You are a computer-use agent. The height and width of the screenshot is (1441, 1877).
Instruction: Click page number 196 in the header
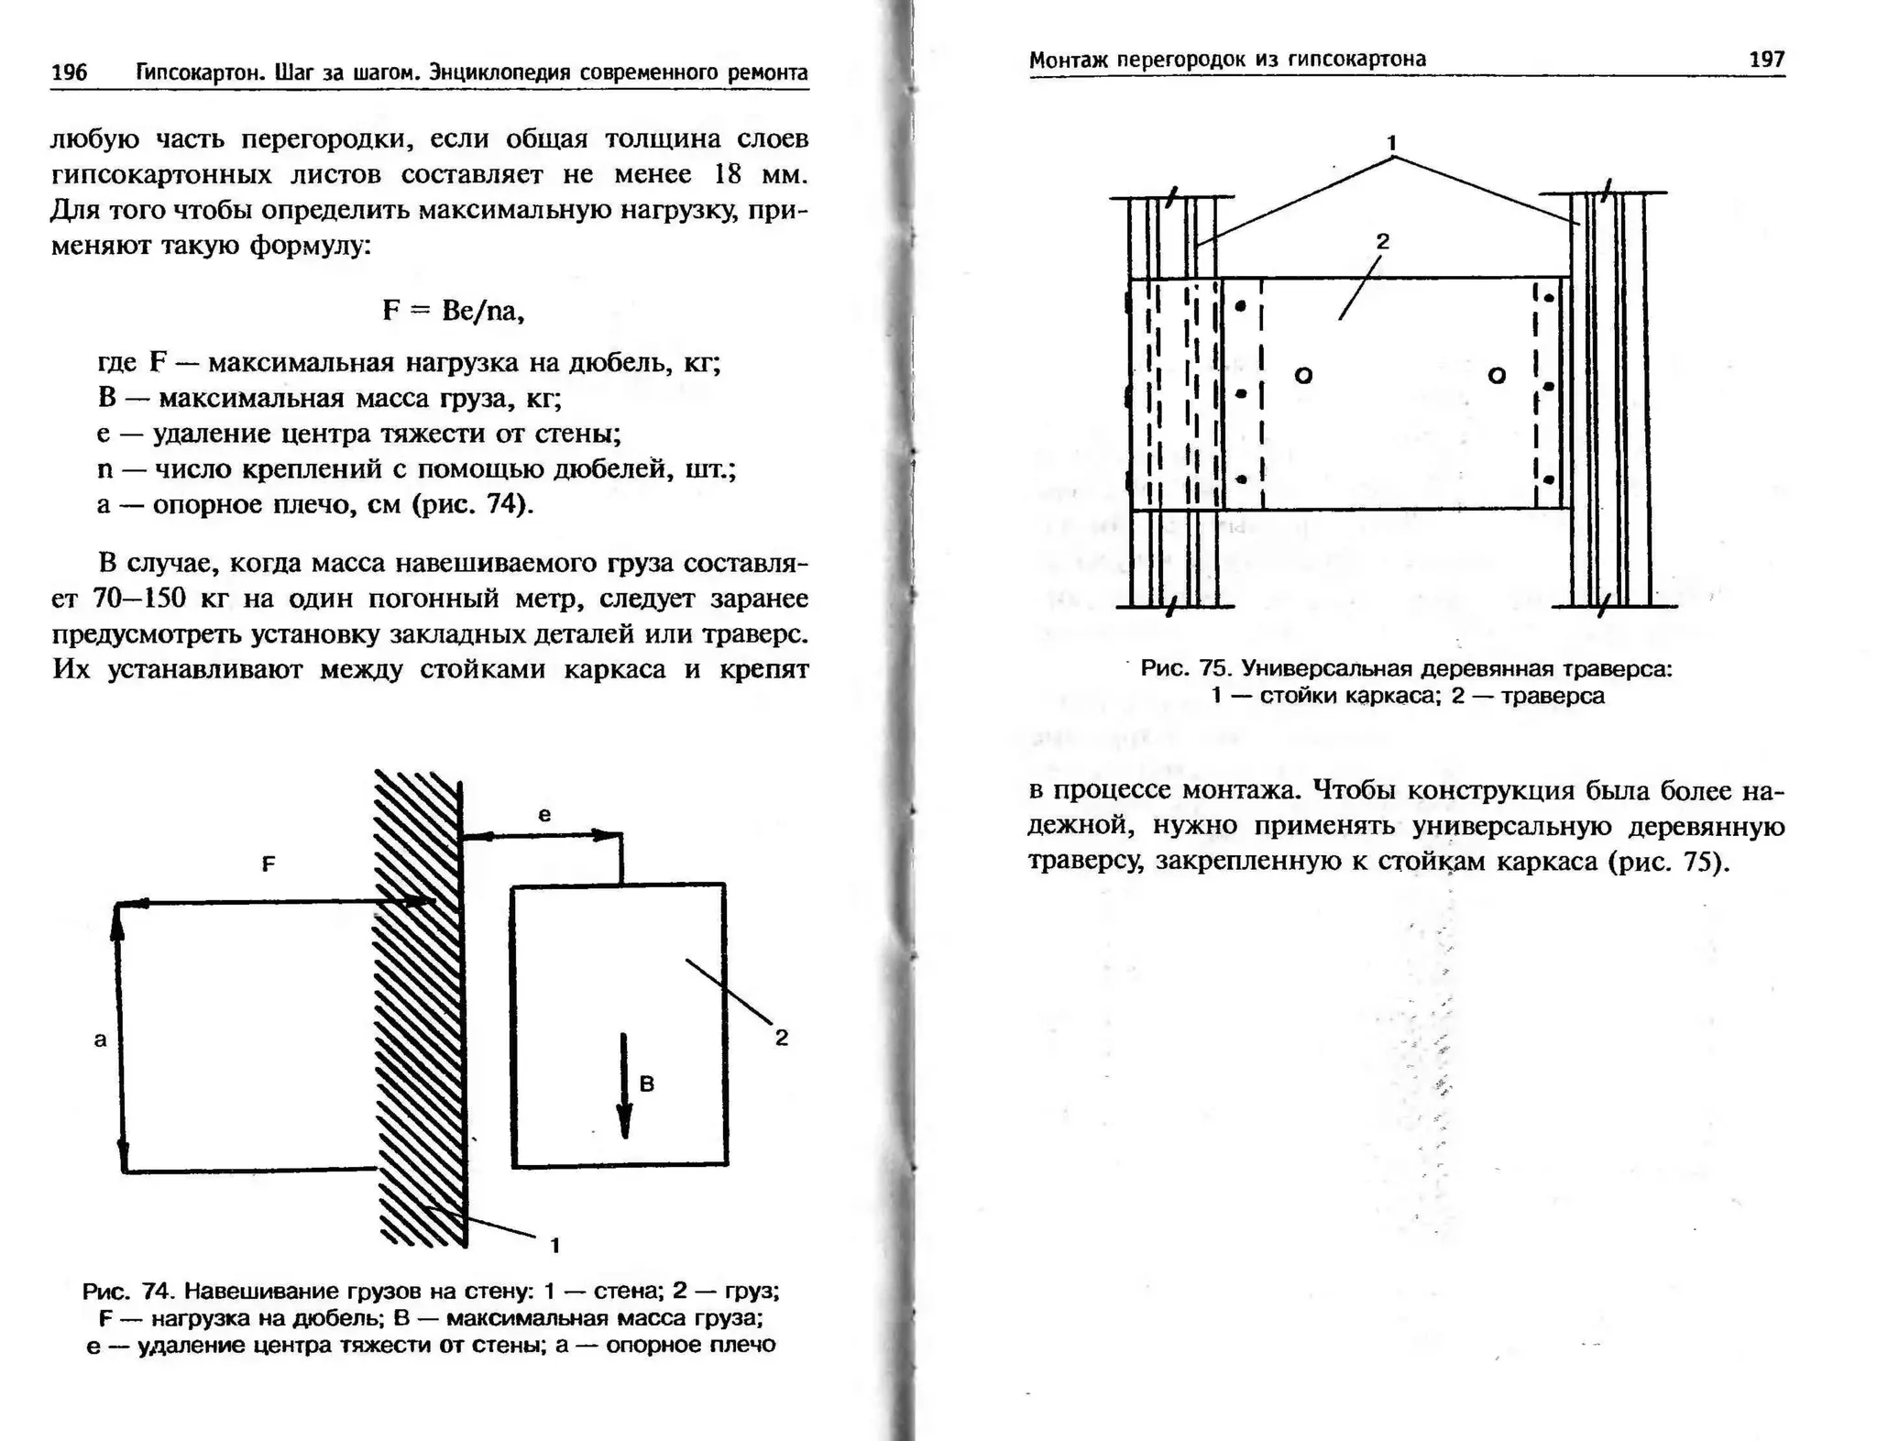click(70, 72)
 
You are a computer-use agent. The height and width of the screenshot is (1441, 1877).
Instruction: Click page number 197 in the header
click(1766, 60)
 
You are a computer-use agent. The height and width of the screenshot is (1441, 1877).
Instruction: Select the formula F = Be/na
click(454, 311)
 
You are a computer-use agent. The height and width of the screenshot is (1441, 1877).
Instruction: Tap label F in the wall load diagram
click(268, 863)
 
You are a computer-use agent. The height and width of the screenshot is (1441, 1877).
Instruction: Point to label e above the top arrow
click(544, 814)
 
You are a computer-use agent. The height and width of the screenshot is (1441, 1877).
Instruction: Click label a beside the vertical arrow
click(101, 1039)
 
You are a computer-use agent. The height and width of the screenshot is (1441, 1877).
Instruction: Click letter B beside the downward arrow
click(647, 1083)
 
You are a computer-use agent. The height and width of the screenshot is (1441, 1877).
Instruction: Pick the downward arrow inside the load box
click(624, 1086)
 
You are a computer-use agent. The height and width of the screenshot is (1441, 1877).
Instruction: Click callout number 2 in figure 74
click(781, 1038)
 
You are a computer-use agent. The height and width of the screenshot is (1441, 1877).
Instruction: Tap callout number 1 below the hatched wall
click(554, 1244)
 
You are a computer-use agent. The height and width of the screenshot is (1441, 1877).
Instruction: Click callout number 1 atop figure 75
click(1391, 143)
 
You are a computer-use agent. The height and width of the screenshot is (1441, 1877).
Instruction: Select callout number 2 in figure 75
click(1383, 241)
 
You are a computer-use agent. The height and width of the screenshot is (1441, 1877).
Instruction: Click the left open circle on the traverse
click(1303, 375)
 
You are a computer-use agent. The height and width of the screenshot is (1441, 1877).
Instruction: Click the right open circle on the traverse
click(1497, 375)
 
